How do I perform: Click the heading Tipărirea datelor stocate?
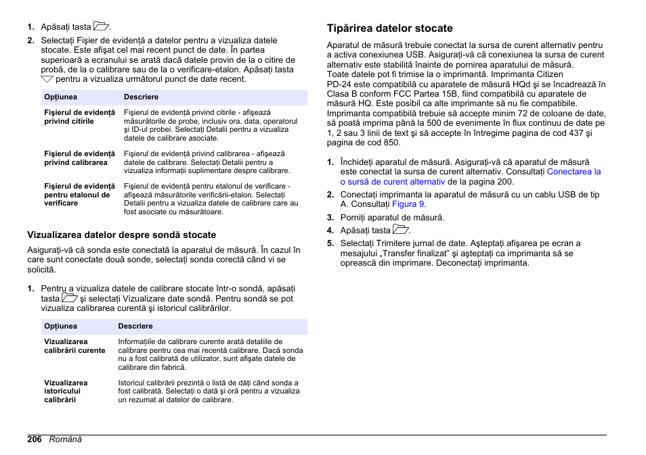389,28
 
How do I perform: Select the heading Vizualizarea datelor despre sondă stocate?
121,235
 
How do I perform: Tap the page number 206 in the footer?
35,439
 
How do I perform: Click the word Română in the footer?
65,439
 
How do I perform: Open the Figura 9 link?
408,204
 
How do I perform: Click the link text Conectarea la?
574,172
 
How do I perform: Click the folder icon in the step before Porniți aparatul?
402,230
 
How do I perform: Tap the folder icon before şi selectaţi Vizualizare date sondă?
70,298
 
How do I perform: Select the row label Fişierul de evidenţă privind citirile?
79,116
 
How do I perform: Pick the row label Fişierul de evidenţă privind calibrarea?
79,158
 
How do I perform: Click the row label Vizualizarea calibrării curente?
74,346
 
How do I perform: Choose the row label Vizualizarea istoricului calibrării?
66,391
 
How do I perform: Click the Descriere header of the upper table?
141,97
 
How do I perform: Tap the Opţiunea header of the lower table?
60,327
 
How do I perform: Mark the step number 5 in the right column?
330,243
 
